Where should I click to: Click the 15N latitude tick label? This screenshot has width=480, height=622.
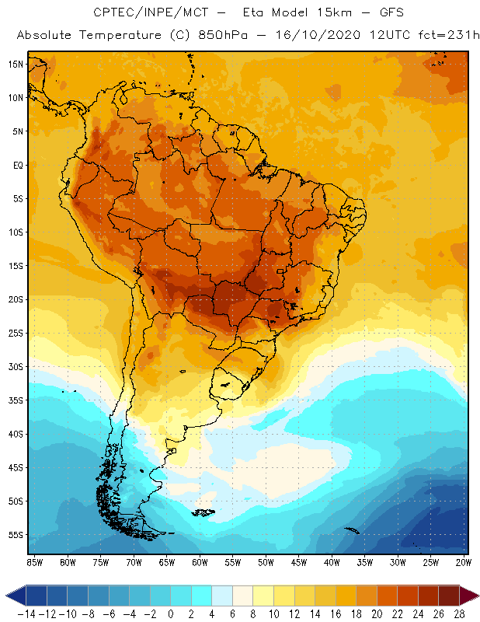pyautogui.click(x=15, y=64)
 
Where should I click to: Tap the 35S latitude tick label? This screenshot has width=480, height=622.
pyautogui.click(x=15, y=400)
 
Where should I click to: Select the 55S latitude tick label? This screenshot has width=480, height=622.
pyautogui.click(x=15, y=534)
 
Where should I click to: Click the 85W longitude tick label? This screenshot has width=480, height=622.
pyautogui.click(x=35, y=561)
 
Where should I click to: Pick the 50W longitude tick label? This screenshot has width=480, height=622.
pyautogui.click(x=266, y=561)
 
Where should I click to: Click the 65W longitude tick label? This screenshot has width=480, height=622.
pyautogui.click(x=167, y=561)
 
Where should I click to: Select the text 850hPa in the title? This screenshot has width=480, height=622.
pyautogui.click(x=220, y=36)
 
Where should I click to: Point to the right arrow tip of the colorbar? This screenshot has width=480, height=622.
pyautogui.click(x=475, y=596)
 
